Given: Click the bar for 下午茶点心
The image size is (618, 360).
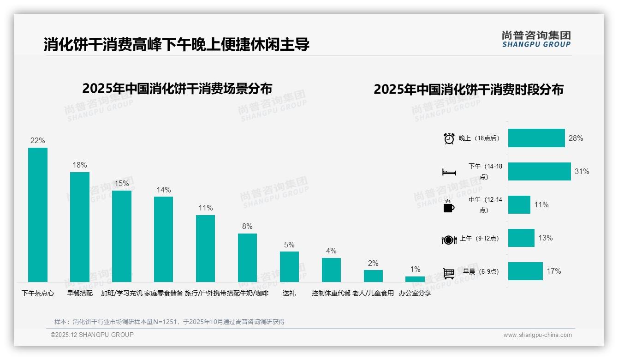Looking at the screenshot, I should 38,215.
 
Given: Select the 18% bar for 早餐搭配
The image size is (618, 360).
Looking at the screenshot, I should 80,227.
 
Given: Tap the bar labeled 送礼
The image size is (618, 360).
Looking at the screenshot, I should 289,266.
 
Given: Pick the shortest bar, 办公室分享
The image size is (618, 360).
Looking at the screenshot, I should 415,279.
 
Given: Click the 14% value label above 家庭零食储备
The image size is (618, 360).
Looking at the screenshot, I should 164,190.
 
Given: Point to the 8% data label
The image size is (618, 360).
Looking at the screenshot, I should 247,227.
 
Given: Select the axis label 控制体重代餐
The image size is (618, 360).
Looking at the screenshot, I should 331,293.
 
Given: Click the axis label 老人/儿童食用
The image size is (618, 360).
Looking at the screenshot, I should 373,293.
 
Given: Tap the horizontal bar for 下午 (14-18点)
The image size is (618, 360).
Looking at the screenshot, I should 539,171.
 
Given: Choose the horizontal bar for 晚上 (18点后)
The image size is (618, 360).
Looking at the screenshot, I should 536,138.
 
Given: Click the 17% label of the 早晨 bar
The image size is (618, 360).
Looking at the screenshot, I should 554,271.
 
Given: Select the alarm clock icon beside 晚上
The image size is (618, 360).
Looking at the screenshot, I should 449,138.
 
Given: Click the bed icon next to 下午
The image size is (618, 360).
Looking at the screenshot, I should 449,172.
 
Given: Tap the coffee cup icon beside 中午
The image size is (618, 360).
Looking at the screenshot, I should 448,206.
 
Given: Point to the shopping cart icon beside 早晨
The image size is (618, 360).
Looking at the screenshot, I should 448,273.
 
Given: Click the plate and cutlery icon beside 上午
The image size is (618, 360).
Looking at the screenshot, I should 449,240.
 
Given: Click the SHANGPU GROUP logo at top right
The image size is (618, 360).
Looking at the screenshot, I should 536,39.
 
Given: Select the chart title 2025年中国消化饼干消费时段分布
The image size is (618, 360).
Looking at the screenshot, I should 469,90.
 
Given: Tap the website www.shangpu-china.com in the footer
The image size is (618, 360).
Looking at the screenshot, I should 537,335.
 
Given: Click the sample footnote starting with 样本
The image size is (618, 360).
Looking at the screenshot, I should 169,322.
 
